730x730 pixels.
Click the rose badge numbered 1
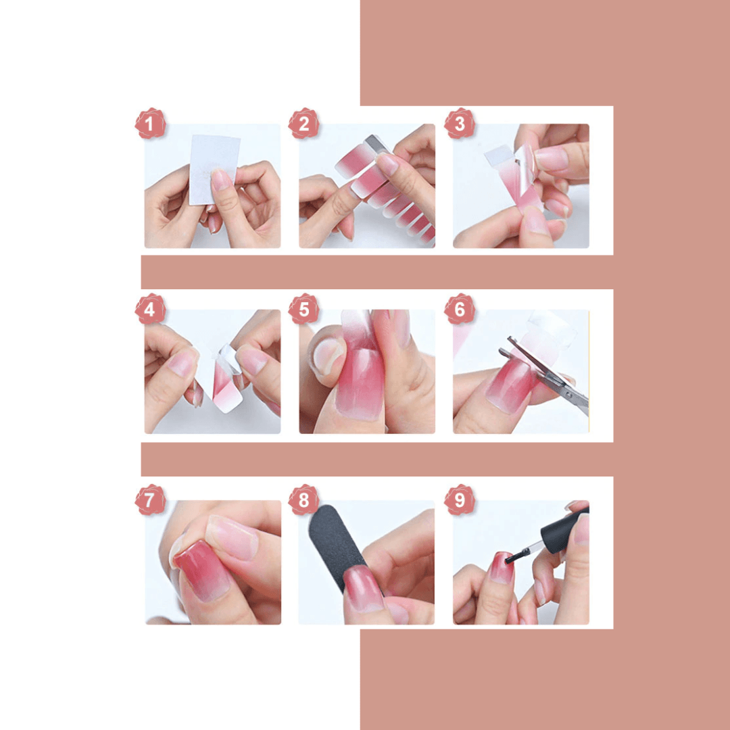[x=150, y=124]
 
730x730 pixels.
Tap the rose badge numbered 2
[x=303, y=124]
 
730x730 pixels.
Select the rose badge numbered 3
[x=460, y=124]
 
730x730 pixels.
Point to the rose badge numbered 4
[x=150, y=309]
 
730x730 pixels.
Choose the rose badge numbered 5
[x=303, y=309]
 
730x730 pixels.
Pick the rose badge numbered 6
[x=460, y=309]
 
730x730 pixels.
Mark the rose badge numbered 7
[x=150, y=500]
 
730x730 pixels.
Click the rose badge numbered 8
[x=303, y=500]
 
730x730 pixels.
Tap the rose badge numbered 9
[x=460, y=500]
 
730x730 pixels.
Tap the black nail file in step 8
[x=337, y=545]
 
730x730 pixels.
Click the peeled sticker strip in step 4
[x=226, y=379]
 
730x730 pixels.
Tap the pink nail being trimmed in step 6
[x=510, y=386]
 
